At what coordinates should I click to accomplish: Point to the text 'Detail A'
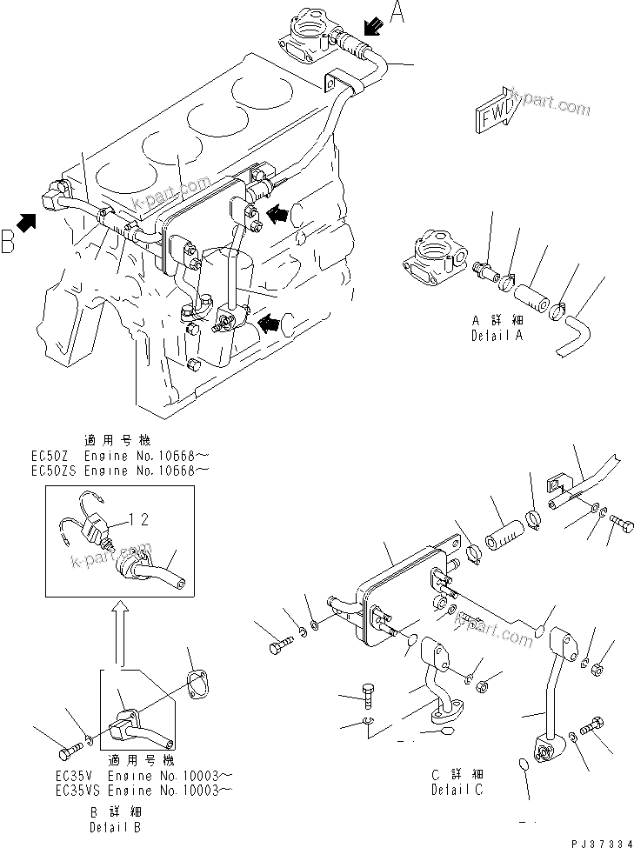[497, 335]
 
